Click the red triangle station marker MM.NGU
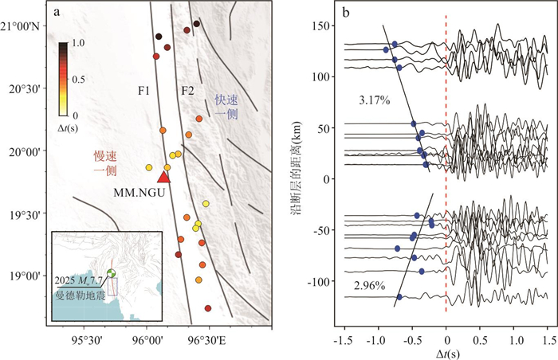(x=163, y=177)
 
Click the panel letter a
(x=58, y=12)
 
